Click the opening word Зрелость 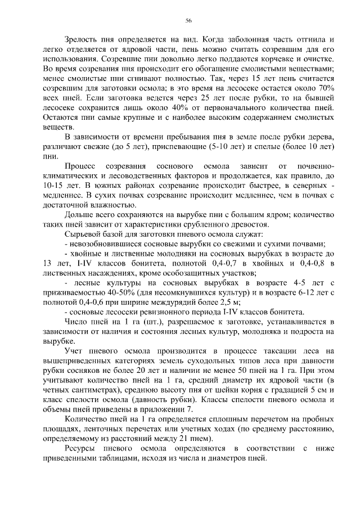point(84,40)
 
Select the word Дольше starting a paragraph point(81,214)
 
